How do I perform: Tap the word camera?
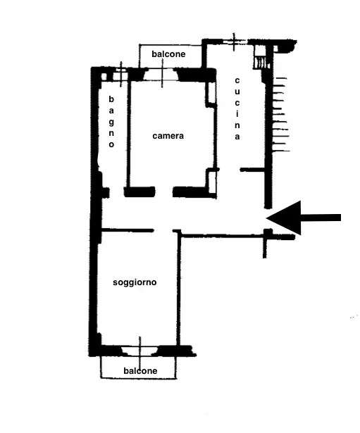(168, 136)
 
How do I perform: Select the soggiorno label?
(135, 282)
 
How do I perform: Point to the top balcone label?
(168, 54)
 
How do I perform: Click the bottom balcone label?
(140, 371)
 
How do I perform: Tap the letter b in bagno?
(111, 99)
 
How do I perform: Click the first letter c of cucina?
(237, 80)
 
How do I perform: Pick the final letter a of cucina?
(237, 137)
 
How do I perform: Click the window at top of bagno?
(120, 73)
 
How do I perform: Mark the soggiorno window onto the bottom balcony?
(140, 349)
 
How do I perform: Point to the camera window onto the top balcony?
(163, 73)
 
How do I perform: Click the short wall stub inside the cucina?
(252, 170)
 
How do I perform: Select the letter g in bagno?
(111, 121)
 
